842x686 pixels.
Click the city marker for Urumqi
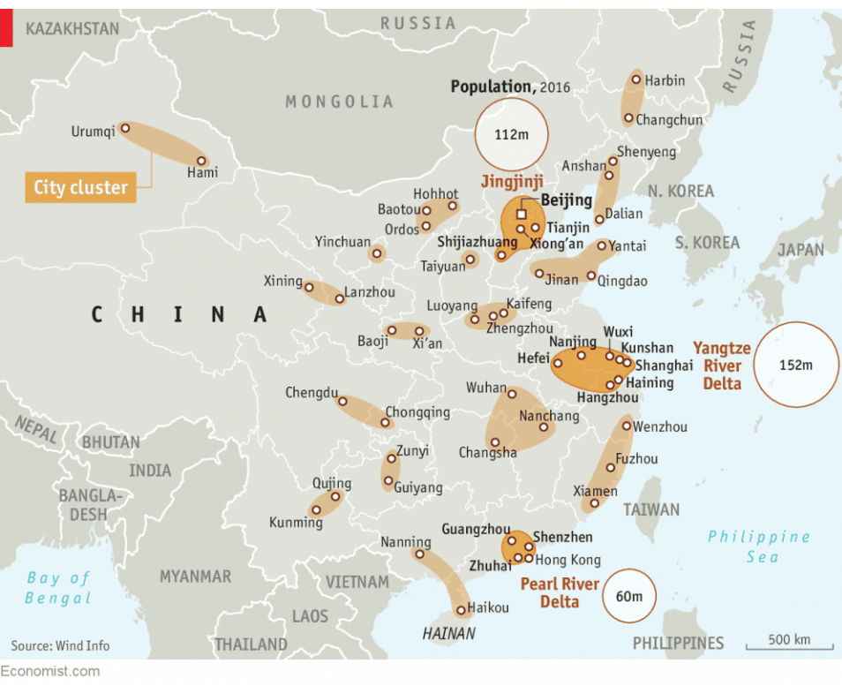coord(124,128)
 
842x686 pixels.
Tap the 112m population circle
coord(511,135)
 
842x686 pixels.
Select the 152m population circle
coord(795,365)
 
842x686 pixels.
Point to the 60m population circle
coord(628,596)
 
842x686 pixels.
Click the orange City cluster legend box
coord(80,187)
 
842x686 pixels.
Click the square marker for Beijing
coord(521,214)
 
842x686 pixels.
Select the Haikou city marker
coord(461,610)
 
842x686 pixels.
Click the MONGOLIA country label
coord(339,102)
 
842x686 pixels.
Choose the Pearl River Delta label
coord(559,592)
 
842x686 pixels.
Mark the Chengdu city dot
coord(342,402)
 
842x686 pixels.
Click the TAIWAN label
coord(651,509)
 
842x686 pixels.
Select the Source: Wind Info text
coord(60,645)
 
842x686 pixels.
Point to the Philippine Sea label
coord(758,546)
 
